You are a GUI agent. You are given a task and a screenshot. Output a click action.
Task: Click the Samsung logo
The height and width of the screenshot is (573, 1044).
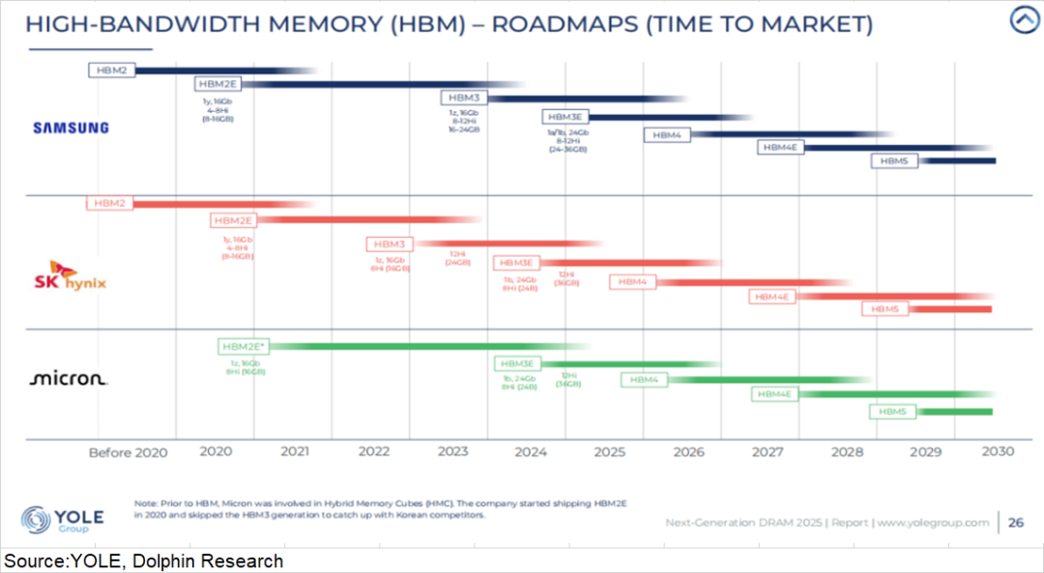tap(71, 127)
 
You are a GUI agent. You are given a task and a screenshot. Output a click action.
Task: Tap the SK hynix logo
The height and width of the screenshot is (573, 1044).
tap(71, 275)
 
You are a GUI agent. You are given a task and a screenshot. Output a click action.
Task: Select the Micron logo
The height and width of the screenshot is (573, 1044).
tap(69, 379)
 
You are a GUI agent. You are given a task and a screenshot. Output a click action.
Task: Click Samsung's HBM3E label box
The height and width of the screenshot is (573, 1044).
tap(565, 117)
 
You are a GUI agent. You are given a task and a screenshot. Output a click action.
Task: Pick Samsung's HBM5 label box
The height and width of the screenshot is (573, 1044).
tap(894, 161)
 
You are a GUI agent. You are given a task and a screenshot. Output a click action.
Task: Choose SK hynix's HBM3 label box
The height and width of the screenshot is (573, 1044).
tap(390, 244)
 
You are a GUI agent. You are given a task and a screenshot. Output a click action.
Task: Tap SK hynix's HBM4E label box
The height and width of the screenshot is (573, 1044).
tap(772, 297)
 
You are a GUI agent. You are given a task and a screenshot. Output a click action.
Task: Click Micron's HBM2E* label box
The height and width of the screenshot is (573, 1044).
tap(244, 346)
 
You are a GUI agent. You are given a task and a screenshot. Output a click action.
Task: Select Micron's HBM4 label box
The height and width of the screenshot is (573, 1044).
tap(644, 380)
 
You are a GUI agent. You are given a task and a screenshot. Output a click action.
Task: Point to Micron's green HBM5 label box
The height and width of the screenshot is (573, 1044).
tap(892, 412)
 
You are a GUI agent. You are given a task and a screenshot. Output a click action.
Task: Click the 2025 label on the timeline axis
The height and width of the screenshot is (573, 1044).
tap(609, 451)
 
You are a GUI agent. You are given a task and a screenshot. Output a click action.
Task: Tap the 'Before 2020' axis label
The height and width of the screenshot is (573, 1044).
tap(128, 452)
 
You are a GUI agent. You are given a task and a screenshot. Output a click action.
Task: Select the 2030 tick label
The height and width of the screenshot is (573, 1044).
tap(997, 451)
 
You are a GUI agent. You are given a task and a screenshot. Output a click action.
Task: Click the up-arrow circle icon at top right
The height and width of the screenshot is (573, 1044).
tap(1024, 20)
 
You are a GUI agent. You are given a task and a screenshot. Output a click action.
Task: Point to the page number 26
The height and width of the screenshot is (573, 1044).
tap(1015, 523)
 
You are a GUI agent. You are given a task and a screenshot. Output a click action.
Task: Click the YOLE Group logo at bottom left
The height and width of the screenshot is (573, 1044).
tap(62, 519)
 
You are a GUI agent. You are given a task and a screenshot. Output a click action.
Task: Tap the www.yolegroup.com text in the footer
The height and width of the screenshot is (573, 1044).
tap(935, 523)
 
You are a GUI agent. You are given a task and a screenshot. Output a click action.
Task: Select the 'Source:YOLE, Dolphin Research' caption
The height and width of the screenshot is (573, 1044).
tap(144, 561)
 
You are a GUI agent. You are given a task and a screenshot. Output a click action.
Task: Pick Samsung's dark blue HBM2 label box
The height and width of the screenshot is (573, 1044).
tap(112, 70)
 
